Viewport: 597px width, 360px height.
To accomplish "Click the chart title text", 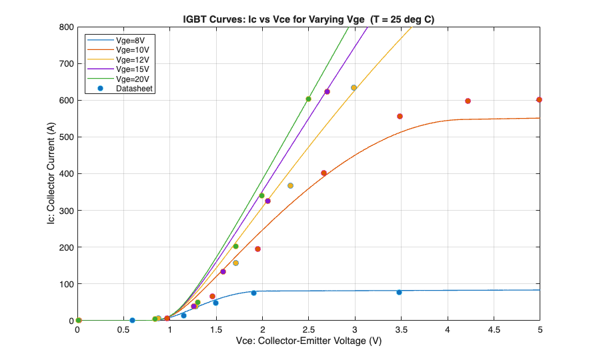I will (309, 19).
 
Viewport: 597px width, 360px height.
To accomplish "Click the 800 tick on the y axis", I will (65, 27).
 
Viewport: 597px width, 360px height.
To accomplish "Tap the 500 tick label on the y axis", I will (65, 137).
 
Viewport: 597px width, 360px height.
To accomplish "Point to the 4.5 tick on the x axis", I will (494, 329).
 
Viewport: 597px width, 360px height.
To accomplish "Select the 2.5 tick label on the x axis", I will (309, 329).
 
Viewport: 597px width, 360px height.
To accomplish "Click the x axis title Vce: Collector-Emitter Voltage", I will (309, 341).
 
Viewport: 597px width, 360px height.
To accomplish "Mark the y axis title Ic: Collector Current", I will (51, 174).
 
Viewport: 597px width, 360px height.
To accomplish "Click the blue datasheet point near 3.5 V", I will (399, 292).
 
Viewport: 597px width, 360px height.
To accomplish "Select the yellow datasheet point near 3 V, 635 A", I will (354, 87).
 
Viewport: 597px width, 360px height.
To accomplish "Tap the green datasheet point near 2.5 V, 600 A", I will (308, 99).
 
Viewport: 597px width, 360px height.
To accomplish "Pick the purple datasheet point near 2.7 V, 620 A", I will (327, 91).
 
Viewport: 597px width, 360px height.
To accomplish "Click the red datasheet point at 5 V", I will (539, 100).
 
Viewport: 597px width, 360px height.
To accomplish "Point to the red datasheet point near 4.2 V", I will (468, 101).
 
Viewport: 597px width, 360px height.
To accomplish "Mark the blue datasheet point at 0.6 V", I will (132, 320).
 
